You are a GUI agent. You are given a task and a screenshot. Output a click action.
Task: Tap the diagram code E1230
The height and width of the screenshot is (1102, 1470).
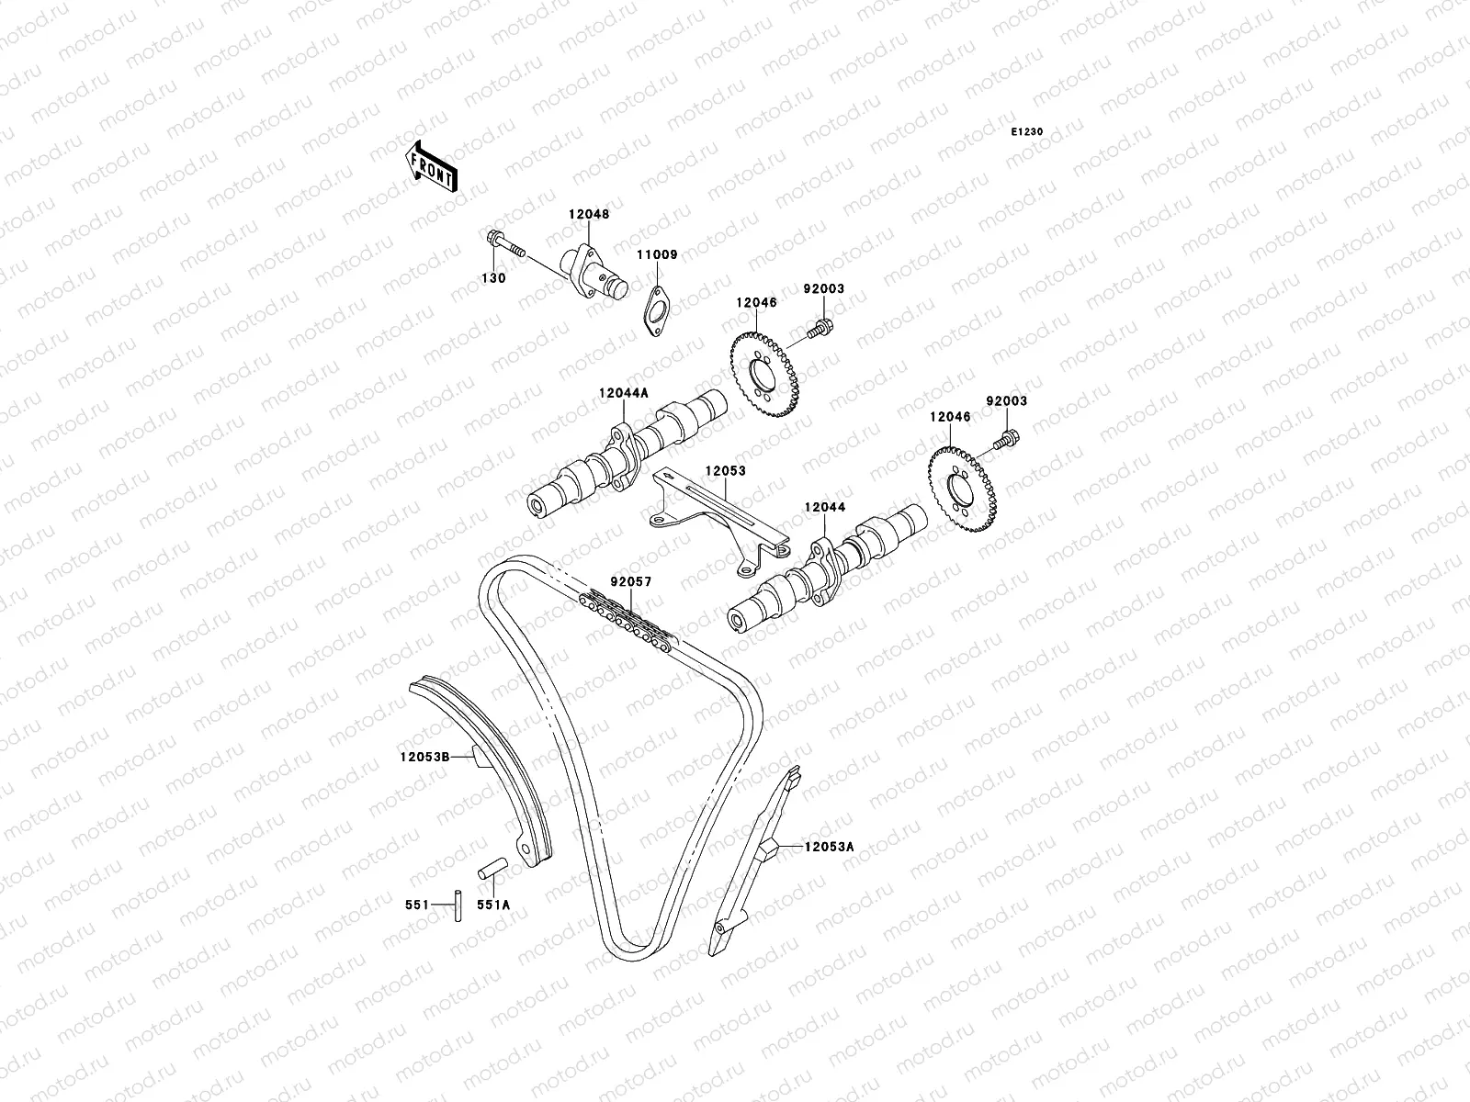coord(1027,132)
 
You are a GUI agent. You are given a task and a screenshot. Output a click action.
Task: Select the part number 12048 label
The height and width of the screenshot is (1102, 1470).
coord(589,214)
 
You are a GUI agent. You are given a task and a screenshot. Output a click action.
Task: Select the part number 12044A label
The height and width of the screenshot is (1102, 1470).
coord(624,392)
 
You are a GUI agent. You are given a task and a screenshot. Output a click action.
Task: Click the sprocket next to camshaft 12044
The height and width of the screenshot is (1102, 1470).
coord(963,487)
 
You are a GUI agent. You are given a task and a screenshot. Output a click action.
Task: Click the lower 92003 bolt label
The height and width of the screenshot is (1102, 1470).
coord(1007,401)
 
